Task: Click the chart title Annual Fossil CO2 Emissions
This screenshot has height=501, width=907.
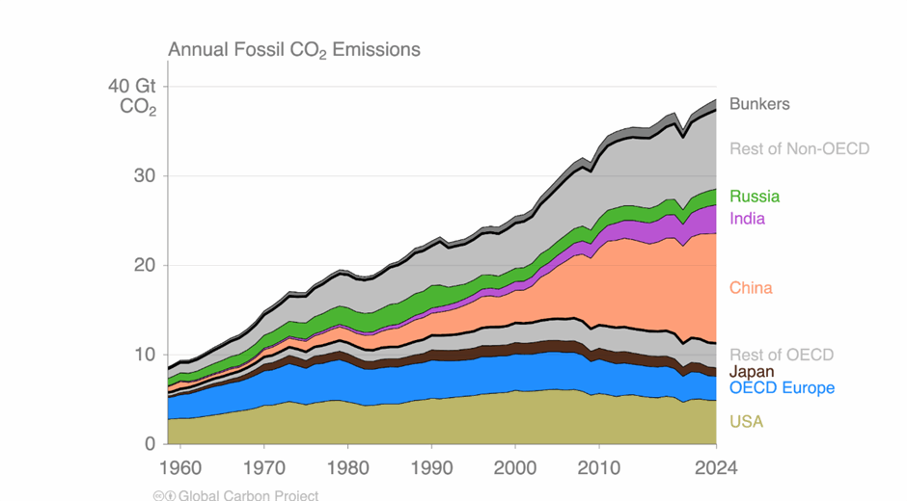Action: click(294, 49)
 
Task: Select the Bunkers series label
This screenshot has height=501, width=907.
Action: click(759, 104)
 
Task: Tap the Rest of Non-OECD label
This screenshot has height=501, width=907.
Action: click(799, 148)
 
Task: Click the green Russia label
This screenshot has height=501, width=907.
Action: click(755, 197)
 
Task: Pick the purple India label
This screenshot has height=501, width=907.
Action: click(747, 219)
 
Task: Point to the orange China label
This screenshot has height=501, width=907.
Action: click(751, 288)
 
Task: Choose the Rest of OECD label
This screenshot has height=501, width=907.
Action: click(782, 355)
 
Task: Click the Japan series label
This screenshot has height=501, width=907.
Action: click(752, 372)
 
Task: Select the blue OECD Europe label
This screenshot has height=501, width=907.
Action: click(782, 388)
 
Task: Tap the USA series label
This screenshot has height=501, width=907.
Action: click(746, 422)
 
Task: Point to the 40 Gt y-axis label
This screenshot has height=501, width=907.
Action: click(132, 87)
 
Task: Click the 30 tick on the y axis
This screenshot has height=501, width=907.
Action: click(144, 176)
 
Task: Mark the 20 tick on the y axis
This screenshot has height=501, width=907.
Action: click(144, 265)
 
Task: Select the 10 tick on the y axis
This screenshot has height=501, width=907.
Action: click(144, 355)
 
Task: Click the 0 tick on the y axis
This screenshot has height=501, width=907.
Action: click(150, 444)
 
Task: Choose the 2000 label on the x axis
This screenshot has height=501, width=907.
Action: click(514, 468)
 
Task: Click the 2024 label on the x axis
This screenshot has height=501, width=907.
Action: click(717, 468)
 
